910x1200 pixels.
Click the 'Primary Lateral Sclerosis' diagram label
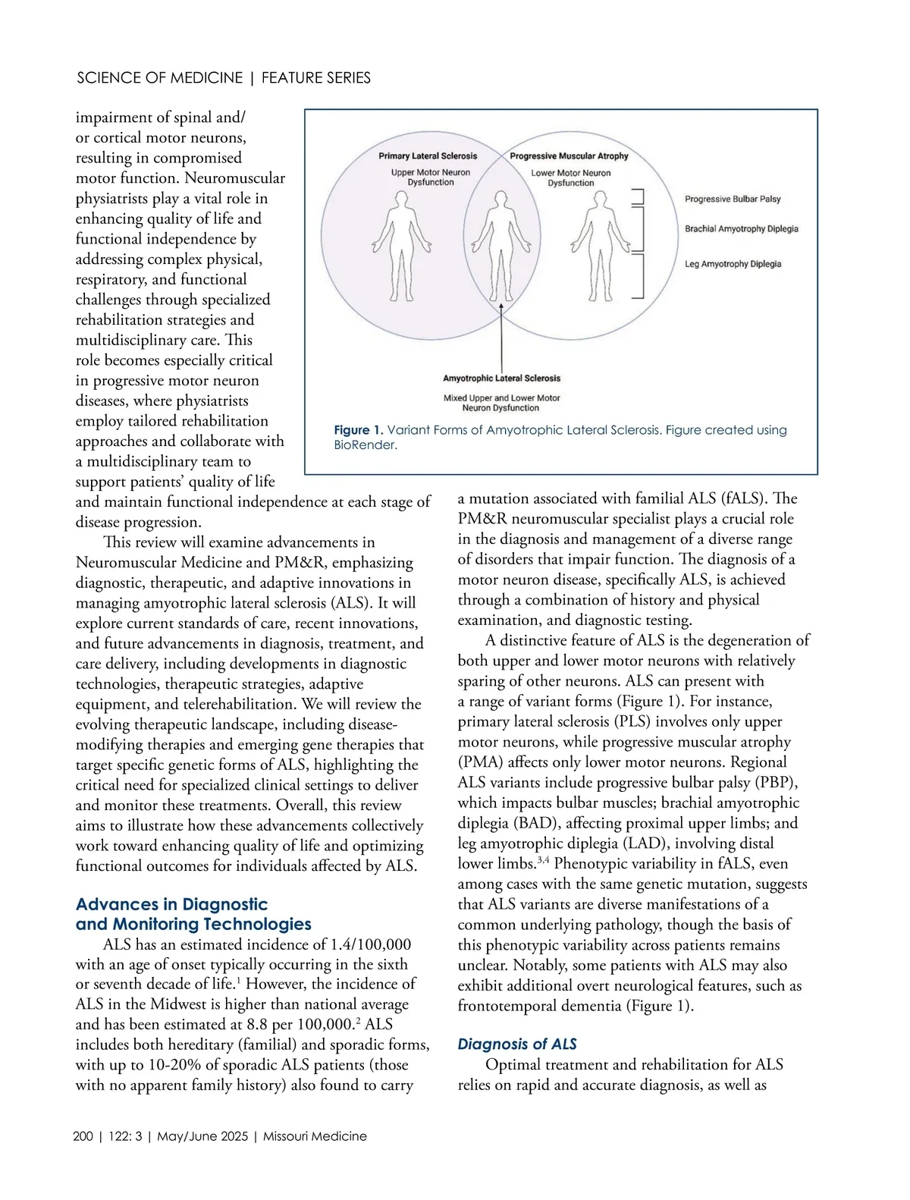coord(428,155)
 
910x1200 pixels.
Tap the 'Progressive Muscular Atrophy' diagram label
coord(569,155)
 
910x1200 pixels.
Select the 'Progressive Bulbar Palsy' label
coord(733,199)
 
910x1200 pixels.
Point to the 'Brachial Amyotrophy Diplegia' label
coord(741,228)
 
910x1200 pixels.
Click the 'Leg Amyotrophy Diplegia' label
coord(733,264)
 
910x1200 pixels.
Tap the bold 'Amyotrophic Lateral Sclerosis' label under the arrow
coord(501,378)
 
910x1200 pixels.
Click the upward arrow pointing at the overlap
coord(501,334)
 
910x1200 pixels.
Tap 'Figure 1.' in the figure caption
coord(359,430)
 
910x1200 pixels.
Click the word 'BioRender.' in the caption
coord(366,445)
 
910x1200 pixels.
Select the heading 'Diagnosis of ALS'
coord(517,1044)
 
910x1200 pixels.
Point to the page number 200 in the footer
coord(83,1136)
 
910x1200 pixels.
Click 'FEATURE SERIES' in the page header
coord(316,78)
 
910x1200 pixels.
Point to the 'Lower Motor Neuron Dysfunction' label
coord(570,177)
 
